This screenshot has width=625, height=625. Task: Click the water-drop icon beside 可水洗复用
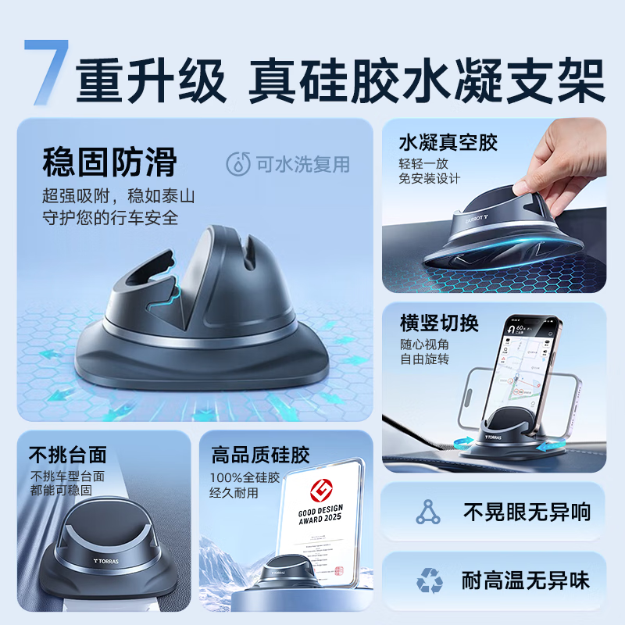237,164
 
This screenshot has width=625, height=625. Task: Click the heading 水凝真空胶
448,143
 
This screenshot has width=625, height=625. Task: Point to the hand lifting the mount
570,156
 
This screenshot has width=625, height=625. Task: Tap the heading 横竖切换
438,323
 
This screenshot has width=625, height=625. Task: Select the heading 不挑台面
67,455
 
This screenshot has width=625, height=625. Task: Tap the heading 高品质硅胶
260,455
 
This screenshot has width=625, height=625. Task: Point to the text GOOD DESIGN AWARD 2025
321,521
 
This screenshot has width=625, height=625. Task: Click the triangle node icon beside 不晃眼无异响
427,512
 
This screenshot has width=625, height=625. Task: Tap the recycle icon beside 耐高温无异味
429,580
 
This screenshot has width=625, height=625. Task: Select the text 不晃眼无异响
527,512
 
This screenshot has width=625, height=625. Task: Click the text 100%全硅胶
241,477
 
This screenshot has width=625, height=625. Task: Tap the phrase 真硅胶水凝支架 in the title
427,83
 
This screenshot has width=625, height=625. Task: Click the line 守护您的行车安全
109,217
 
